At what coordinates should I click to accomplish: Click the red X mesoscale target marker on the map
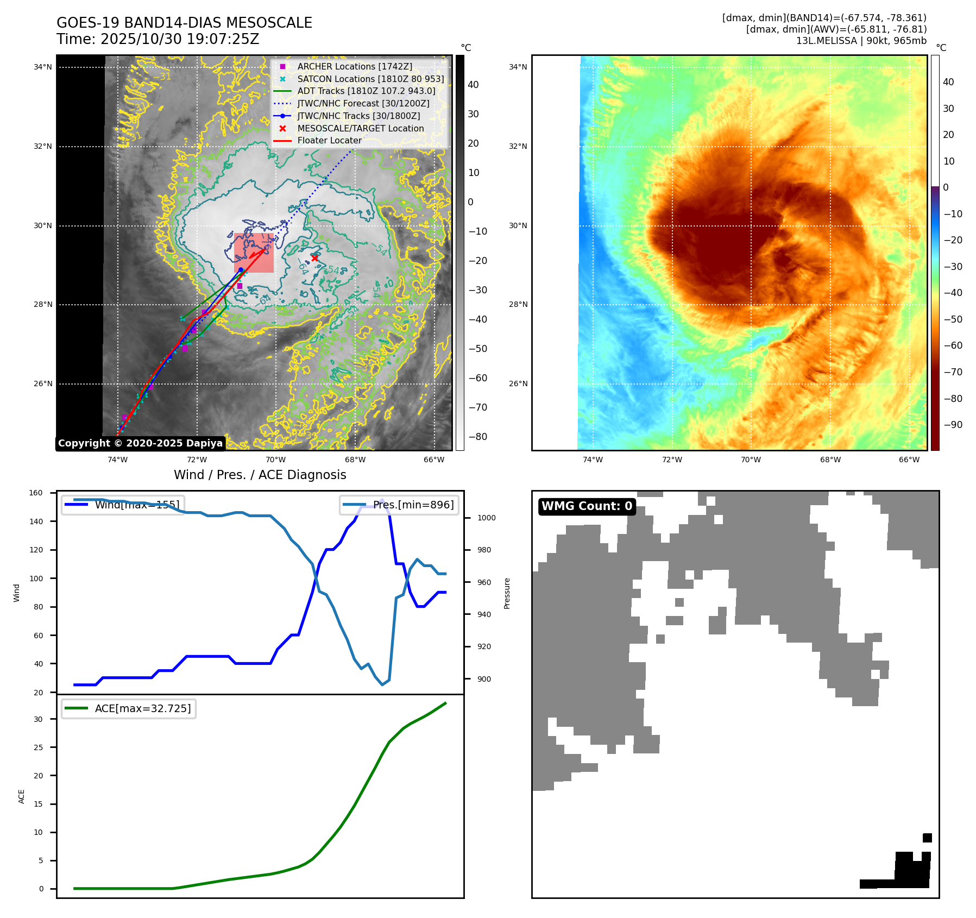click(x=314, y=258)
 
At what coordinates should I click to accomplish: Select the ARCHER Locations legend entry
click(x=354, y=66)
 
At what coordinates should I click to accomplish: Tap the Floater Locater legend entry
click(x=329, y=140)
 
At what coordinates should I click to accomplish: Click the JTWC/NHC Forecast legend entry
click(x=363, y=103)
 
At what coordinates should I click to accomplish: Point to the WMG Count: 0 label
click(x=587, y=506)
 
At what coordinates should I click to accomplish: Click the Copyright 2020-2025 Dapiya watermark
click(x=140, y=443)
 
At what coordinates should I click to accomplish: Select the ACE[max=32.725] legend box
click(x=129, y=708)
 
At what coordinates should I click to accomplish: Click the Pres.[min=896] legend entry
click(x=399, y=505)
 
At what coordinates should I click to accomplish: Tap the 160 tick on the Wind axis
click(x=36, y=493)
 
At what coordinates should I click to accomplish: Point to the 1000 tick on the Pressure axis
click(x=486, y=518)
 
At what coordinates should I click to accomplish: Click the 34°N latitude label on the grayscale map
click(x=43, y=67)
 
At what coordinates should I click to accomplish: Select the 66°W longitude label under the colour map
click(x=909, y=460)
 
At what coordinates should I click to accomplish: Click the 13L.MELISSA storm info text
click(x=861, y=41)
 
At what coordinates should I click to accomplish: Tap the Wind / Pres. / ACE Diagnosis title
click(x=260, y=475)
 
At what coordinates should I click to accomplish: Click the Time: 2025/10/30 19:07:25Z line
click(x=158, y=39)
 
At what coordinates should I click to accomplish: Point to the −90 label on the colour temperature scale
click(x=953, y=425)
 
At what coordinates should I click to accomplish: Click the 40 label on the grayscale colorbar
click(x=473, y=85)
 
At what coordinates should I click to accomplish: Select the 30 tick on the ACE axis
click(x=38, y=719)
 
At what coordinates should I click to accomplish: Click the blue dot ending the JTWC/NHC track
click(x=241, y=270)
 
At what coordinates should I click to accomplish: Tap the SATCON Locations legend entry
click(x=370, y=79)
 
